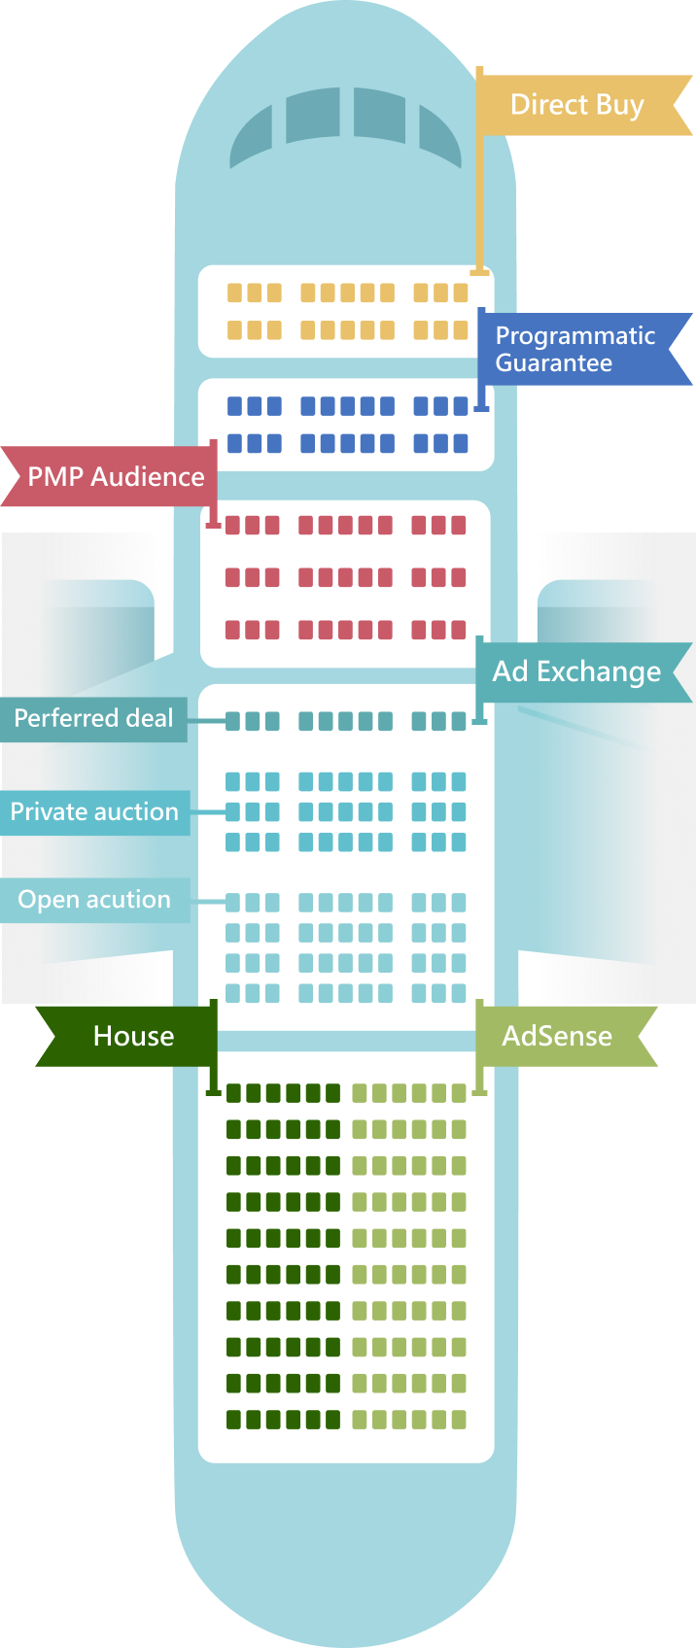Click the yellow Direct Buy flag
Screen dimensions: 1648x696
tap(577, 105)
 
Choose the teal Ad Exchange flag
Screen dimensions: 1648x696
tap(577, 671)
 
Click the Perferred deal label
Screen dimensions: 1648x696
tap(93, 719)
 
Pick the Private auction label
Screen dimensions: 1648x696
tap(94, 812)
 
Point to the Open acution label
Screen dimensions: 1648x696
tap(94, 900)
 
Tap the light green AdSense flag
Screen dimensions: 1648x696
tap(558, 1036)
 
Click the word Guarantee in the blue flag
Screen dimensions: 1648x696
tap(554, 363)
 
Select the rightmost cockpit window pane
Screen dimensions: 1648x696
tap(439, 136)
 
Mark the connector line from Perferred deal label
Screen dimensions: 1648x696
tap(206, 721)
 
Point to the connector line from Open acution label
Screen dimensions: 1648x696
tap(207, 902)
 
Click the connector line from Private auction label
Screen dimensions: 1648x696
tap(208, 811)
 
